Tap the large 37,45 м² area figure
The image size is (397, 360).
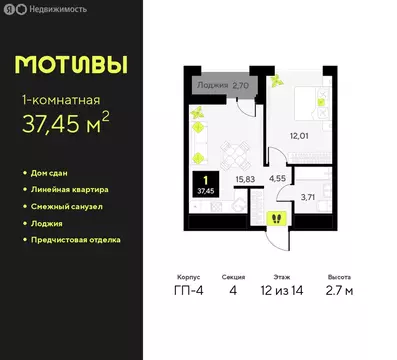[70, 127]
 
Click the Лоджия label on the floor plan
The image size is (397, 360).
[212, 86]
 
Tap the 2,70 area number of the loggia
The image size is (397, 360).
[240, 86]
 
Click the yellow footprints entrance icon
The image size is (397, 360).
[276, 219]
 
